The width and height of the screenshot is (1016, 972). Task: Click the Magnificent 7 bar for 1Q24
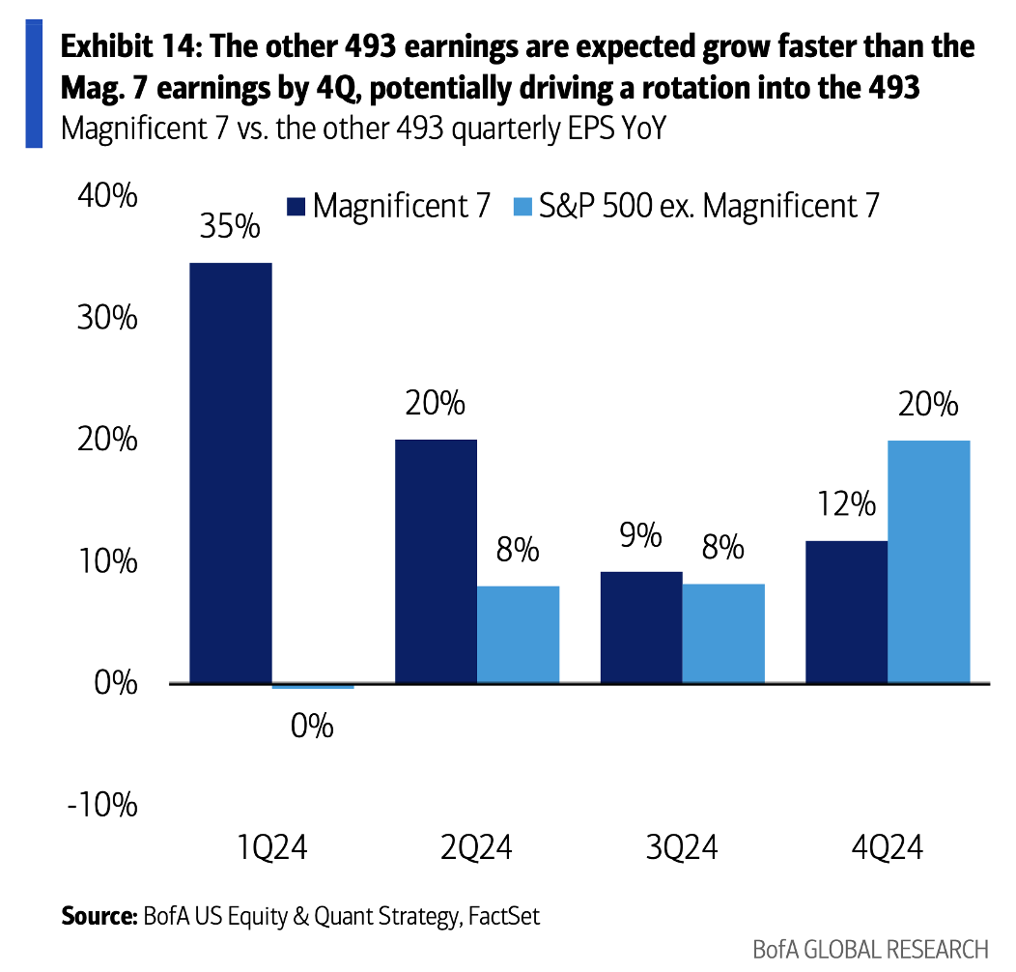(230, 473)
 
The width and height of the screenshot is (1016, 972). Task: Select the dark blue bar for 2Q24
(436, 561)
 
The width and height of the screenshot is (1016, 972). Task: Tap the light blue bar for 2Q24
(518, 634)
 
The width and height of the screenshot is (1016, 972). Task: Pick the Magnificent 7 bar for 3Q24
(641, 627)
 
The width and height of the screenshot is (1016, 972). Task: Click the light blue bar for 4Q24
(928, 561)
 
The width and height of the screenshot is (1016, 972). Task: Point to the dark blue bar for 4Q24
(846, 612)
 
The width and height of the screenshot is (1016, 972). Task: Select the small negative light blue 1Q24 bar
(313, 687)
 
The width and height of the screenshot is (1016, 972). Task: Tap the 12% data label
(845, 504)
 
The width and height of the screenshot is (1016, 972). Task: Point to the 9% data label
(641, 535)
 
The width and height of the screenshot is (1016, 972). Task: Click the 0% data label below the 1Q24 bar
(312, 726)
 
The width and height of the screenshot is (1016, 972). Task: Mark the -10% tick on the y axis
(102, 806)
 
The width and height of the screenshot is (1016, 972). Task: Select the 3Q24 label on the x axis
(682, 849)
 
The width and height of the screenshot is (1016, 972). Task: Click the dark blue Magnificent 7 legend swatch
(296, 207)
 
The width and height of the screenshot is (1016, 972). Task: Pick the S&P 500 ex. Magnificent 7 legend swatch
(522, 207)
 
